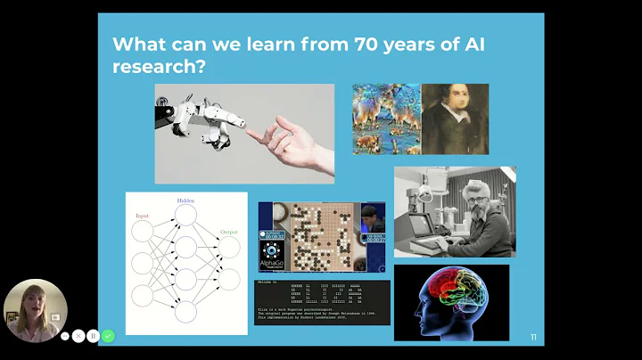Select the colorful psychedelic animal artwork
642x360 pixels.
(385, 119)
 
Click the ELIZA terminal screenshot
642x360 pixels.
(322, 302)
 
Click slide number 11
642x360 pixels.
(533, 337)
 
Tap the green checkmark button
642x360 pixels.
(108, 336)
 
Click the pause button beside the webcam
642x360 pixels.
(93, 336)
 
